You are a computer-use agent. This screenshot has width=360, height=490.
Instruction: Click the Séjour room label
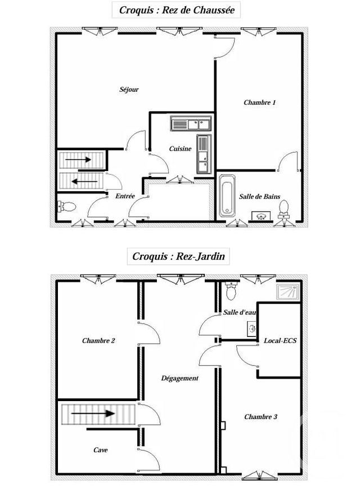pyautogui.click(x=129, y=89)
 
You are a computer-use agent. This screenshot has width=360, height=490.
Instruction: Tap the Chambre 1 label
pyautogui.click(x=260, y=102)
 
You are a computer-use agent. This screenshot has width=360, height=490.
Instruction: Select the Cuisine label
pyautogui.click(x=181, y=149)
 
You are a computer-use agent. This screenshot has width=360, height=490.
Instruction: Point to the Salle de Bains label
pyautogui.click(x=259, y=196)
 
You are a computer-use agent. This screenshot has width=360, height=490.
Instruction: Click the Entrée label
pyautogui.click(x=125, y=196)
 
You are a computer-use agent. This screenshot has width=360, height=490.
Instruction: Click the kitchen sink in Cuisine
pyautogui.click(x=191, y=123)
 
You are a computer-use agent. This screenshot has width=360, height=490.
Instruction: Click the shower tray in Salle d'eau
pyautogui.click(x=287, y=291)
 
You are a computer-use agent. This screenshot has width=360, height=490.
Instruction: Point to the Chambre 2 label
pyautogui.click(x=98, y=340)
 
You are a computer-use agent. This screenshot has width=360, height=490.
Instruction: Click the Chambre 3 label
pyautogui.click(x=260, y=417)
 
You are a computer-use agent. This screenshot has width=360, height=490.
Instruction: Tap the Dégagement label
pyautogui.click(x=179, y=378)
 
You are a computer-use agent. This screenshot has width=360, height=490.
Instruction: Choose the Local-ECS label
pyautogui.click(x=280, y=340)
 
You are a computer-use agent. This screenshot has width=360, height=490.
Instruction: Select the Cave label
pyautogui.click(x=101, y=449)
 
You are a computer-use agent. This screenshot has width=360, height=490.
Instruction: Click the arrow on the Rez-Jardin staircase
pyautogui.click(x=93, y=414)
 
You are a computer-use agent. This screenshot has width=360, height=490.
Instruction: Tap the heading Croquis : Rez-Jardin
pyautogui.click(x=178, y=257)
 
